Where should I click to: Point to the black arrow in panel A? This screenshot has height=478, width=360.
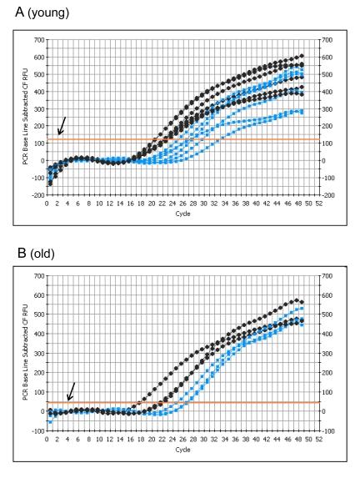coord(62,126)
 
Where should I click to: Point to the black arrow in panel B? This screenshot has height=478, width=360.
coord(71,390)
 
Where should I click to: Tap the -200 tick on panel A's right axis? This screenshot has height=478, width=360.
coord(322,195)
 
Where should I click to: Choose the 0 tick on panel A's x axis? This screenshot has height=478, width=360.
coord(47,204)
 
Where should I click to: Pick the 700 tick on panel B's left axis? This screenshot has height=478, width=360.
coord(38,276)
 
